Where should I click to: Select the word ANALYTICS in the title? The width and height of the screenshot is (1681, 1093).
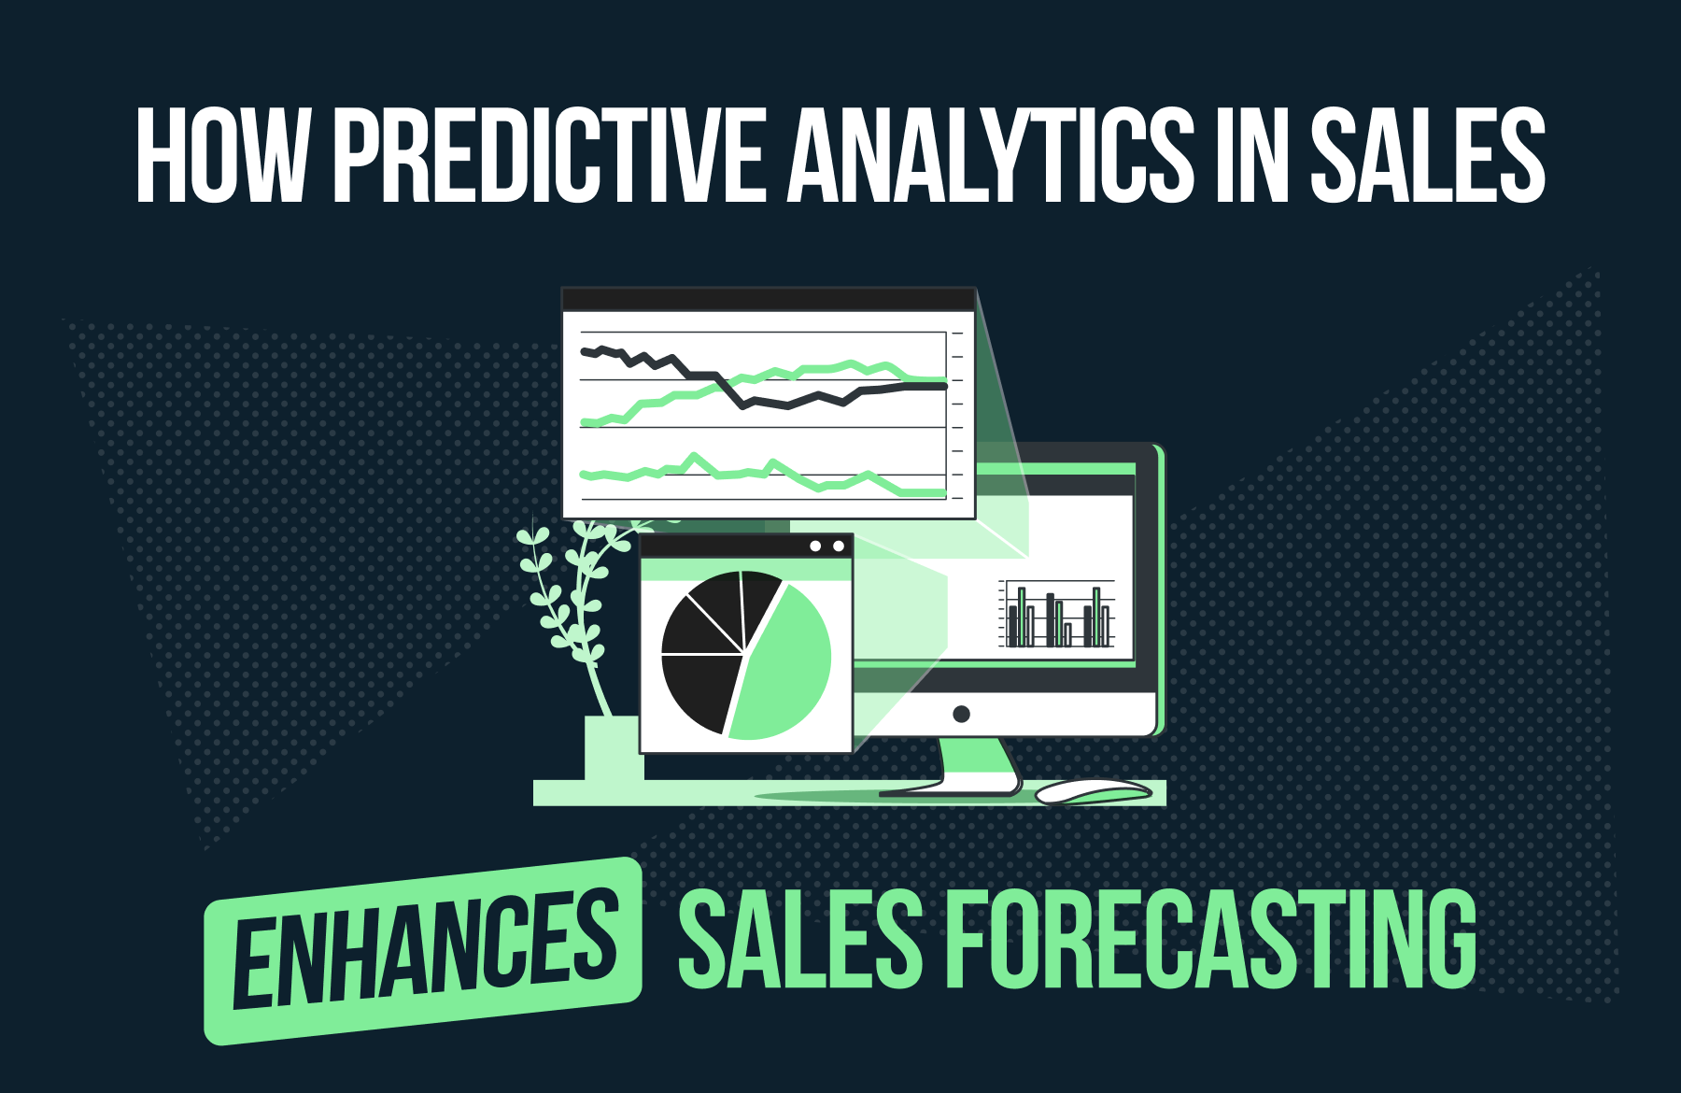(991, 155)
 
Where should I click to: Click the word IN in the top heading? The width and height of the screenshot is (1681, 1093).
(1251, 155)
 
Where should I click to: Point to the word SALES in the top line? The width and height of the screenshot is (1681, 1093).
(1428, 155)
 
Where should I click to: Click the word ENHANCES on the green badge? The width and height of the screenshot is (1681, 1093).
(424, 948)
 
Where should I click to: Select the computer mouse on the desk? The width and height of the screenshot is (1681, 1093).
(1093, 792)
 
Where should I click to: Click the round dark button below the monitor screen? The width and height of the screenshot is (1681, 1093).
(961, 715)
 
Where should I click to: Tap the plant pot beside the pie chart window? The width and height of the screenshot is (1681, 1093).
(613, 747)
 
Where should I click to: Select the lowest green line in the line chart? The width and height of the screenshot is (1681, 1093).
(764, 476)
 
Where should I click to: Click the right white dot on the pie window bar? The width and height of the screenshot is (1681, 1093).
(839, 546)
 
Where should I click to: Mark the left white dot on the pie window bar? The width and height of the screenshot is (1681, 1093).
(815, 546)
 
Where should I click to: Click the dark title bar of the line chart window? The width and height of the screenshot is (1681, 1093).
(768, 300)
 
